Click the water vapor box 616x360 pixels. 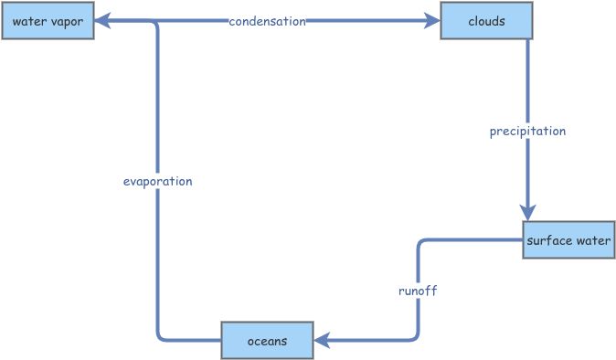tap(48, 21)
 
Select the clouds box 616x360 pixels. tap(486, 21)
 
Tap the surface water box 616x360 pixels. tap(568, 240)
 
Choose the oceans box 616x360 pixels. tap(267, 341)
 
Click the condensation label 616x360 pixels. tap(267, 21)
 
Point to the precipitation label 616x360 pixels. tap(527, 131)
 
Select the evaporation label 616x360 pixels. tap(157, 181)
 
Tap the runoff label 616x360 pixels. tap(418, 291)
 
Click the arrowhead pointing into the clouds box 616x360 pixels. tap(431, 21)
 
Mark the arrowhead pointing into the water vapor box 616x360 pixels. tap(103, 21)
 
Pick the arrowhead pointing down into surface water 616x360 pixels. tap(527, 212)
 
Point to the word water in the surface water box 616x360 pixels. tap(591, 240)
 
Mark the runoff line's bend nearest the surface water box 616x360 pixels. tap(420, 243)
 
